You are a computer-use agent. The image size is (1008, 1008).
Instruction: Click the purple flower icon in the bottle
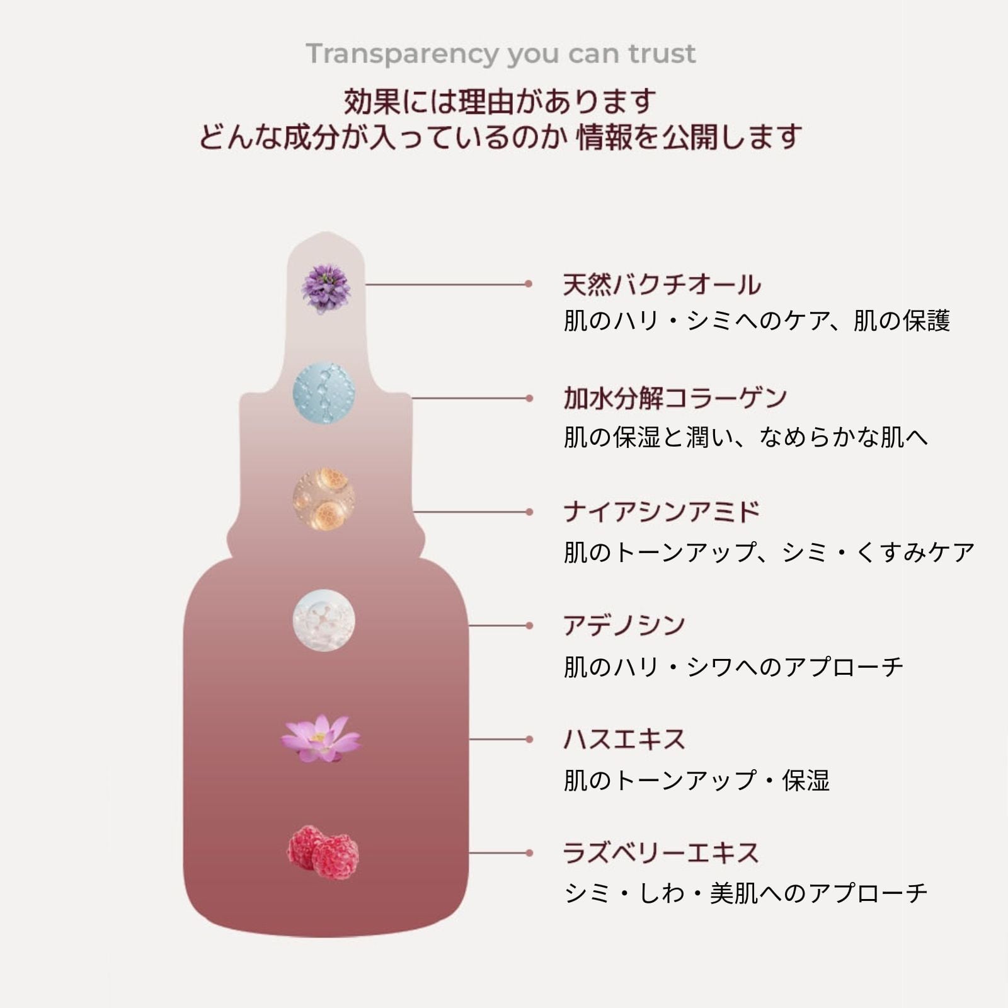(x=325, y=289)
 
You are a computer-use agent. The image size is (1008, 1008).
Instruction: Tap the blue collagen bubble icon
(x=324, y=392)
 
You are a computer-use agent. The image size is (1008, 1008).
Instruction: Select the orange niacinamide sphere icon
(x=324, y=499)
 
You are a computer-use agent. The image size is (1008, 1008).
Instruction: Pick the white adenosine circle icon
(x=324, y=621)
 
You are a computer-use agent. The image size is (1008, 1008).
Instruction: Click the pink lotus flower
(x=321, y=738)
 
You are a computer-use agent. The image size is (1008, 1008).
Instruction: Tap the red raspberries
(x=323, y=851)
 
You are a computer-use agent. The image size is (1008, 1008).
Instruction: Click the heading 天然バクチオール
(x=661, y=285)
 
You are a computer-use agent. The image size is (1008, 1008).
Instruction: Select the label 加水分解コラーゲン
(x=675, y=398)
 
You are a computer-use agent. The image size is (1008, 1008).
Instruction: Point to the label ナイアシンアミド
(x=661, y=512)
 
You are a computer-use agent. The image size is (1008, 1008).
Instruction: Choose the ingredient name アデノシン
(x=624, y=626)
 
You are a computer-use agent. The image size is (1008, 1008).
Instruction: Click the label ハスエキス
(x=624, y=739)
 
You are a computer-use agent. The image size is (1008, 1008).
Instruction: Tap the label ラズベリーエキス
(x=661, y=853)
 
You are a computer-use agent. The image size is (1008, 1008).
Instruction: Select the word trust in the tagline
(x=663, y=54)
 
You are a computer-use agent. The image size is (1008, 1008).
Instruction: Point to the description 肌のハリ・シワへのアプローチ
(x=733, y=667)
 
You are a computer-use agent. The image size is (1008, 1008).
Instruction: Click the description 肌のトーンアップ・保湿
(x=697, y=781)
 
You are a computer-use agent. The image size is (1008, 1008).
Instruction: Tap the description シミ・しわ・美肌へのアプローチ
(x=746, y=893)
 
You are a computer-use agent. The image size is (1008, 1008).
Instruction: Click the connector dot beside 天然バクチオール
(x=529, y=284)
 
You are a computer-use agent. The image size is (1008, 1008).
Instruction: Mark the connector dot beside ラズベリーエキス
(x=529, y=853)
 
